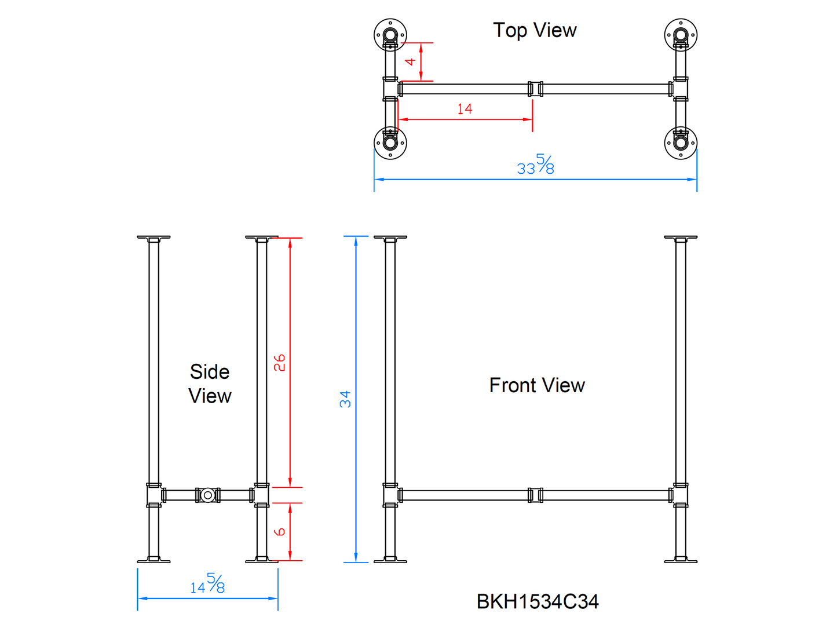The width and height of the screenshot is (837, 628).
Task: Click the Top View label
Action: pos(534,30)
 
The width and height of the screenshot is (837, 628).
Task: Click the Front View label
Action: pos(537,385)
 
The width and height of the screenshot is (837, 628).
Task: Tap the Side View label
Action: pos(210,384)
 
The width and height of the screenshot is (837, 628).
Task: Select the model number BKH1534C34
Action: pos(537,602)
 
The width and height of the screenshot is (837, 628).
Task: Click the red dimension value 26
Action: pos(279,363)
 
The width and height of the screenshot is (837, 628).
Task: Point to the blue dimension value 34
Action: pos(345,399)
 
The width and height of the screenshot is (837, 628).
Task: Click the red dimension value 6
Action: pos(279,531)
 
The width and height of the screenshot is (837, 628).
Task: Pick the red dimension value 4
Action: pos(410,61)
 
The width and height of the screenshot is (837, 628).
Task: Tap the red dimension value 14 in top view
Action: pos(465,108)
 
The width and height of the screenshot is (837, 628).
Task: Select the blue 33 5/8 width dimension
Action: pos(535,165)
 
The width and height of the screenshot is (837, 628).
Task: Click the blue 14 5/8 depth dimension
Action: pos(207,584)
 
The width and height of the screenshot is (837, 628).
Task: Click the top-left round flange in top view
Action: pos(390,35)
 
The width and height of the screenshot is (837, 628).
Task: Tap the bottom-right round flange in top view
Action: pos(681,143)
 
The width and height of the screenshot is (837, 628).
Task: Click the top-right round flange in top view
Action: pos(681,35)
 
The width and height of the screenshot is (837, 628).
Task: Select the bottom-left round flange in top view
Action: pos(390,143)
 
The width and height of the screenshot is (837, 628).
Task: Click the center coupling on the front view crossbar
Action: pos(535,495)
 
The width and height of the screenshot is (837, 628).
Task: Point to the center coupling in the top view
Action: pos(535,89)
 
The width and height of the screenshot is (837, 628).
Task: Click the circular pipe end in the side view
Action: pos(207,495)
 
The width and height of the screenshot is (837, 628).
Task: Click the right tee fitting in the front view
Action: pos(680,495)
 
